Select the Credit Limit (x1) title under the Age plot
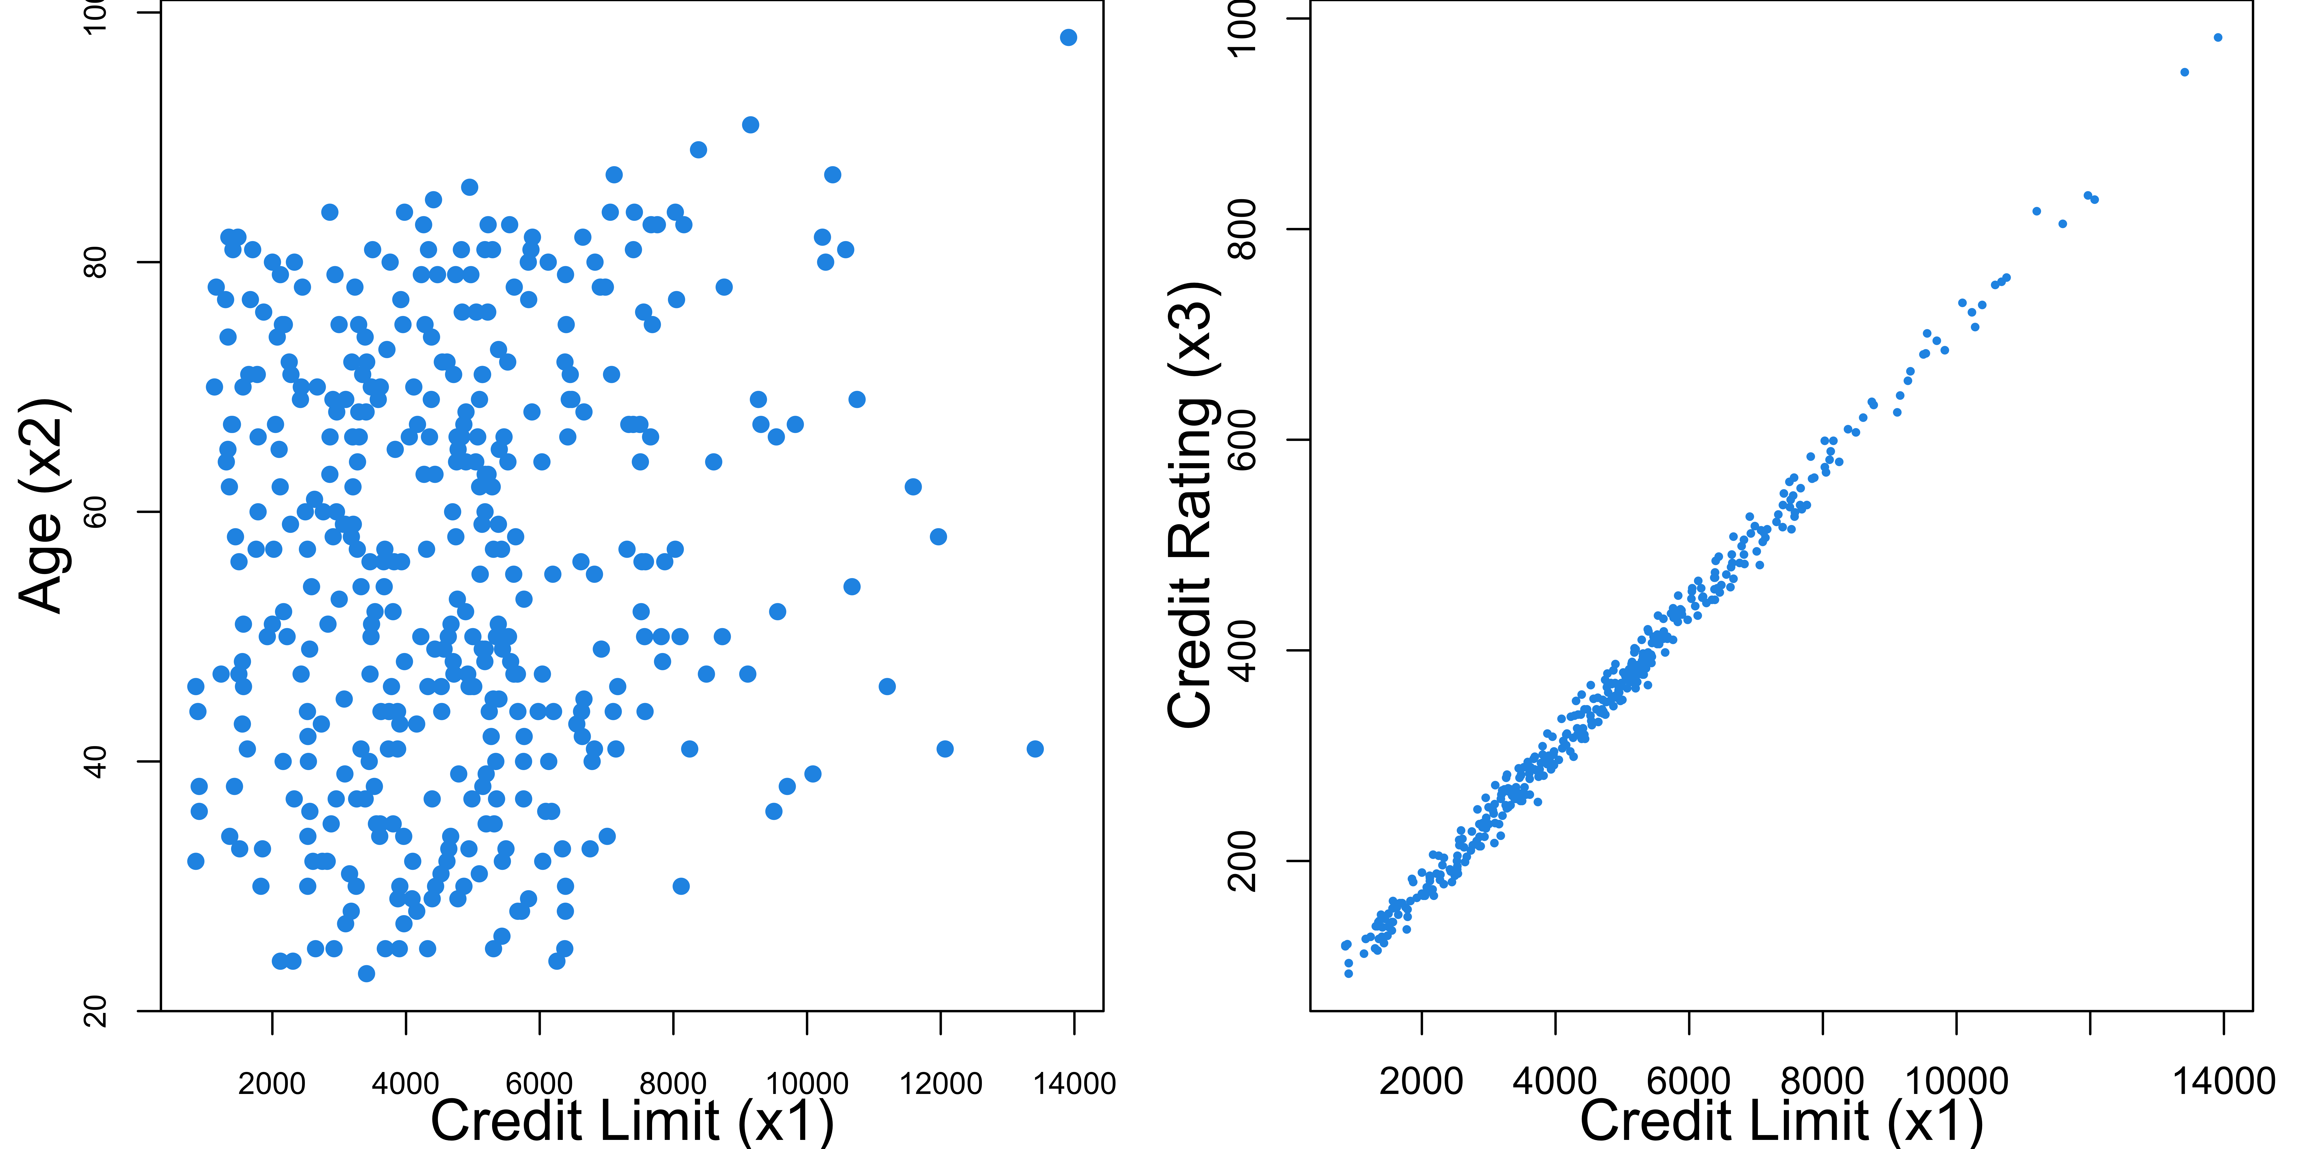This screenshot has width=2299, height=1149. point(632,1121)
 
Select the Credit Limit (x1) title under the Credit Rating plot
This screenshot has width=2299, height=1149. point(1781,1121)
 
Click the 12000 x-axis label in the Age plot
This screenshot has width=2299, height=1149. point(941,1084)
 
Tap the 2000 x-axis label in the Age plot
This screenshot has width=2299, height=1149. point(272,1084)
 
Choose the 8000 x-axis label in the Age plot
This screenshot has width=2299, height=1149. point(673,1084)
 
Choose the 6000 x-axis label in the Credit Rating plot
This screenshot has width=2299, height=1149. point(1689,1081)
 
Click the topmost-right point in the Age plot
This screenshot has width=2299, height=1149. point(1068,38)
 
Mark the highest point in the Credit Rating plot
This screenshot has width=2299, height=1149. point(2218,38)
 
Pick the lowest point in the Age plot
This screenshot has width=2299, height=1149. point(366,973)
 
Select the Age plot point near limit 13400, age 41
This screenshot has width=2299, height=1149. point(1034,749)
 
